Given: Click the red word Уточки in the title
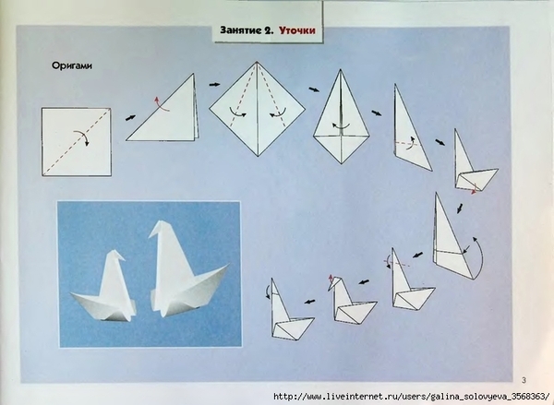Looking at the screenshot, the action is coord(296,30).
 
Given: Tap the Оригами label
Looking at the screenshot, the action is coord(72,66).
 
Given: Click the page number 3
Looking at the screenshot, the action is coord(524,380).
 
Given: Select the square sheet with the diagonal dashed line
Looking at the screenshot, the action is coord(77,142).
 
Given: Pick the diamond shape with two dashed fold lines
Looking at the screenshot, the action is coord(258,109).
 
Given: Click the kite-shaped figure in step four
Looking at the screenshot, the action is coord(341,116).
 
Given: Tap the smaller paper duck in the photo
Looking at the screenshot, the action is coord(104,290).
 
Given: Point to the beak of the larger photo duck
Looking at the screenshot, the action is coord(153,234).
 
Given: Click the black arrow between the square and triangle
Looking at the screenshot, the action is coord(130,118).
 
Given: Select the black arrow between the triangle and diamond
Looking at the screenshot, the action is coord(214,84).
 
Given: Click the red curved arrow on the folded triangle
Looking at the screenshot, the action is coord(161,104).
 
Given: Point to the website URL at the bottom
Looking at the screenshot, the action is coord(412,396).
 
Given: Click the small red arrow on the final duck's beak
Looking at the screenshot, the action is coord(331,279).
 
